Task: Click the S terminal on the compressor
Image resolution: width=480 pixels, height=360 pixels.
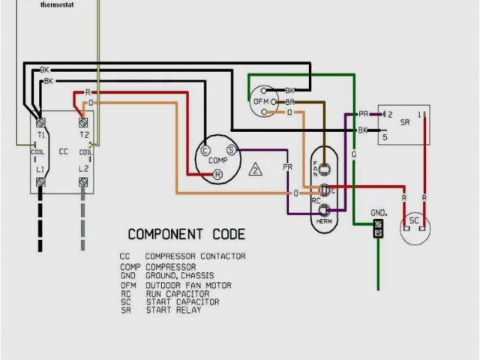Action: (x=231, y=150)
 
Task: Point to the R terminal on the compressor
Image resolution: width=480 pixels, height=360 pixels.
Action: (x=217, y=174)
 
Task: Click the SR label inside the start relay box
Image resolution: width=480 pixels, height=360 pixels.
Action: (x=405, y=121)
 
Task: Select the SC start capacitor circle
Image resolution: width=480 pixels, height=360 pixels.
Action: (x=413, y=221)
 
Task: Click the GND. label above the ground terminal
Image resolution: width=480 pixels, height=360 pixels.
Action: (x=378, y=213)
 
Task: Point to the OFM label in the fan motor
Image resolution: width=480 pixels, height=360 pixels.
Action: (x=260, y=101)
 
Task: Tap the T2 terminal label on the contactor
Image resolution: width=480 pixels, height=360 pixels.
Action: (x=84, y=135)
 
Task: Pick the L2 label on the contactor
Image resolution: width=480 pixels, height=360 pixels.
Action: (x=84, y=170)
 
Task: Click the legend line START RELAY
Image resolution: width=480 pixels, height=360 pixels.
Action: (x=173, y=310)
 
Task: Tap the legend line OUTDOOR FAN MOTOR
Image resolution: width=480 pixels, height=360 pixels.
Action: (x=188, y=285)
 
